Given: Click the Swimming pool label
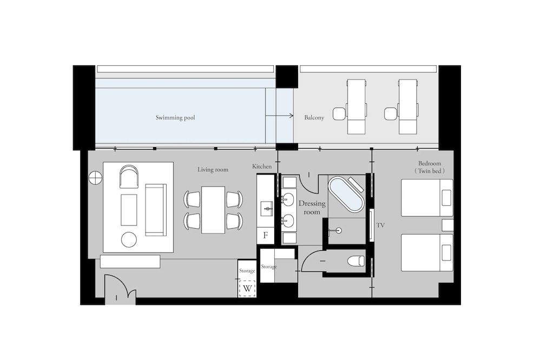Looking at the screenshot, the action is (x=175, y=118).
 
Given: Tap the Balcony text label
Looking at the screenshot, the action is (x=314, y=118).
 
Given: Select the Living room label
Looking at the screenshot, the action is (x=213, y=170).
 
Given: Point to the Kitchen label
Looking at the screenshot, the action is (x=262, y=166).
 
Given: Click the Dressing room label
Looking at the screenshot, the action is (x=312, y=208).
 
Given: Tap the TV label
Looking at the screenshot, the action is (x=380, y=225).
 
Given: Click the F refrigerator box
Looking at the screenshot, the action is (x=266, y=235).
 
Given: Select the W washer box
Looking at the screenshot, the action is (x=247, y=288).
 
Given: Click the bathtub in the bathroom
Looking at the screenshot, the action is (x=346, y=195).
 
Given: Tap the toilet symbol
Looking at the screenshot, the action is (x=356, y=261).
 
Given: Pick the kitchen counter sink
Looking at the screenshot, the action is (x=266, y=209).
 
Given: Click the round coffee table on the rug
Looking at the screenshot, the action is (x=129, y=239).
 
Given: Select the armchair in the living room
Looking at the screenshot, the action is (x=129, y=176).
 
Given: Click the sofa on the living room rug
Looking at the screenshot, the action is (x=156, y=210).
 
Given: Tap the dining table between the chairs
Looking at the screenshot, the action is (x=213, y=210).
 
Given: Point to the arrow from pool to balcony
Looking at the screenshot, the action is (x=280, y=116).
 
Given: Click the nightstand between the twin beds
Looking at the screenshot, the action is (x=448, y=225).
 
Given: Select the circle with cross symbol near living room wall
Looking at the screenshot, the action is (x=95, y=178).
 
